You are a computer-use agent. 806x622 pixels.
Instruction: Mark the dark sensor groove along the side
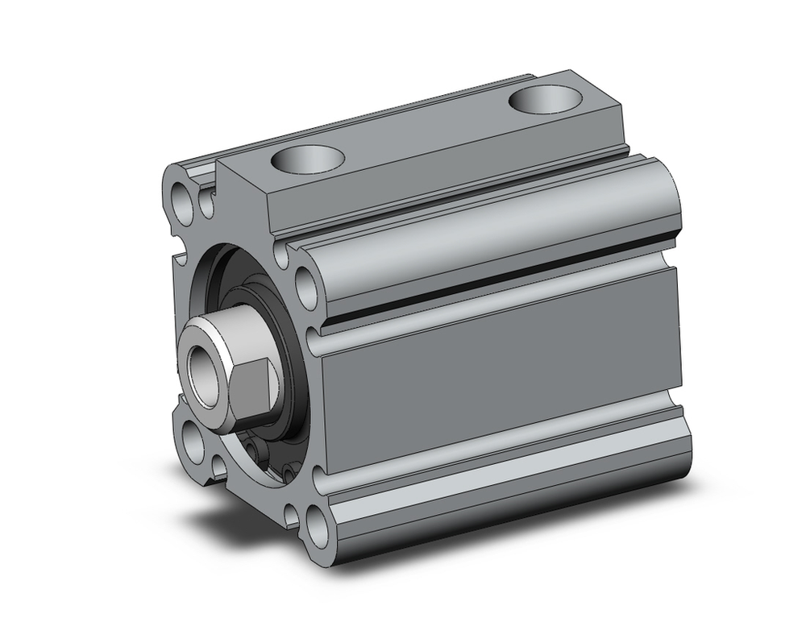(x=500, y=282)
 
